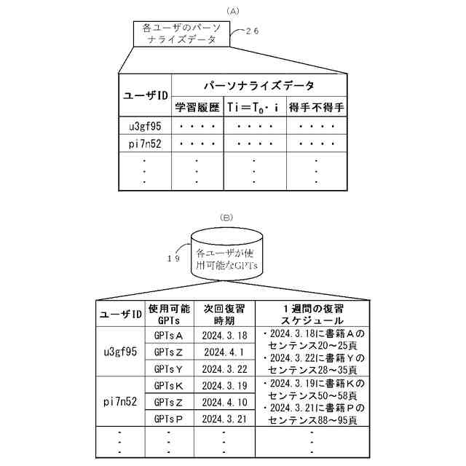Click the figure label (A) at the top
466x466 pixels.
click(233, 10)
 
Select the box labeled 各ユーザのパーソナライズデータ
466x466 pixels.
click(181, 34)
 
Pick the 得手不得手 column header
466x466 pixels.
click(316, 107)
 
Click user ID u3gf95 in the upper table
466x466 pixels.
click(144, 125)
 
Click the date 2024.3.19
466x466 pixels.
click(224, 385)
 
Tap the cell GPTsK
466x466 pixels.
click(169, 385)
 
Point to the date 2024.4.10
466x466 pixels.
click(224, 402)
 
